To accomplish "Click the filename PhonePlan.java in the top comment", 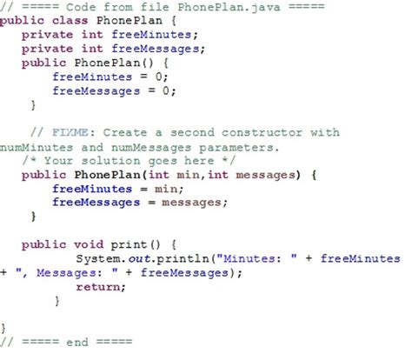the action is coord(229,7).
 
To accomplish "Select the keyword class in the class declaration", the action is coord(70,21).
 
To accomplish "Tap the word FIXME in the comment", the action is coord(70,132).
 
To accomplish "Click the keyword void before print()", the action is coord(89,244).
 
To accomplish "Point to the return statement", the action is coord(101,287).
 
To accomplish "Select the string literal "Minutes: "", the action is coord(256,258).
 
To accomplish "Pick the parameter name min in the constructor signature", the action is coord(188,175).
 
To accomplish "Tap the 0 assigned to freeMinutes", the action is coord(159,77).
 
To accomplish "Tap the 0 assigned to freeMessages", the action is coord(166,91).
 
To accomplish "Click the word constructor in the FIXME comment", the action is coord(262,132).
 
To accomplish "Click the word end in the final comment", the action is coord(77,342).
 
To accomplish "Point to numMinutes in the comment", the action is coord(37,147).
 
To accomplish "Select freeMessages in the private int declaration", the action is coord(156,49).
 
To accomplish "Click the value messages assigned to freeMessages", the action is coord(191,203).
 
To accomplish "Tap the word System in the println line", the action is coord(98,259).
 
